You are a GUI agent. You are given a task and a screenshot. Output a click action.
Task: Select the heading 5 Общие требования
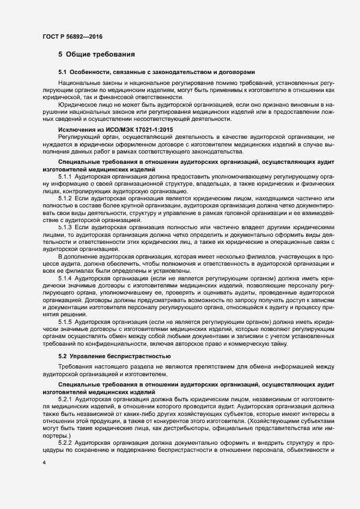click(93, 54)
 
